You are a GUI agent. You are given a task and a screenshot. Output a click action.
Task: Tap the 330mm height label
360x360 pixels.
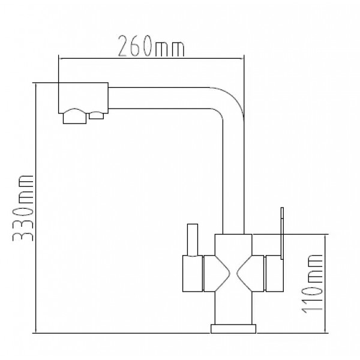(25, 208)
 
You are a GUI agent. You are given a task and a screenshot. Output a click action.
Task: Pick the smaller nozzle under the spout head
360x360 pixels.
(96, 116)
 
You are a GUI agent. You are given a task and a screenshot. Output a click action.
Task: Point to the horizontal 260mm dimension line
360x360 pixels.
(150, 58)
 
